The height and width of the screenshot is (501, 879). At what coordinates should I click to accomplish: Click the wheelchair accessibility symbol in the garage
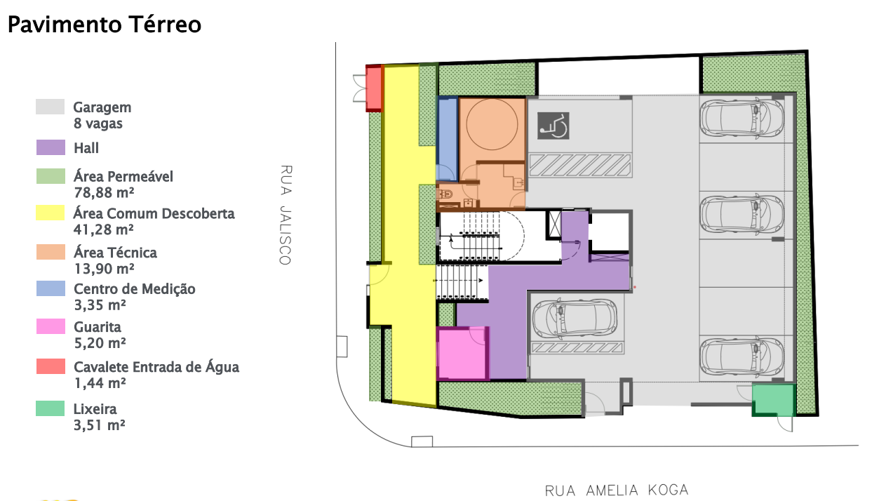553,126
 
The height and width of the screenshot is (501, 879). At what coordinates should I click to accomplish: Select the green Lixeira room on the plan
774,400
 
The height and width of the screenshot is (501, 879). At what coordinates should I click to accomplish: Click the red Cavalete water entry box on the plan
374,88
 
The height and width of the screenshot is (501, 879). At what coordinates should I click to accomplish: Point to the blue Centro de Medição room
448,139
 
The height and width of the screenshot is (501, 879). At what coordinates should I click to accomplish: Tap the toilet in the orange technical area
445,194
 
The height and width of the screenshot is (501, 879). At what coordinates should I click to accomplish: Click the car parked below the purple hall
575,319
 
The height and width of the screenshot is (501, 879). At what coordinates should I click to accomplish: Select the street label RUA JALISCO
286,215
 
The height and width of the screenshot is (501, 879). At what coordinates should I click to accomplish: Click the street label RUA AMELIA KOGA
617,490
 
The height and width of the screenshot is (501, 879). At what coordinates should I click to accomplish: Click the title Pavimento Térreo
105,25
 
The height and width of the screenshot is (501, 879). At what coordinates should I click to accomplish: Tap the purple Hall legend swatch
51,147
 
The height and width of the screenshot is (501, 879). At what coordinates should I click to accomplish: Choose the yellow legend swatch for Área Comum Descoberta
51,213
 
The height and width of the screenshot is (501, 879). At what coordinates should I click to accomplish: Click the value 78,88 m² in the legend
104,193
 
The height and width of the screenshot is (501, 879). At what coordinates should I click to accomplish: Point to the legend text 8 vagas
98,123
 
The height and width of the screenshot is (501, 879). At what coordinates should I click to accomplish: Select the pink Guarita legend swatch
51,326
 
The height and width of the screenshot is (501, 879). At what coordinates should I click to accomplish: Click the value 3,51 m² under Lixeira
100,425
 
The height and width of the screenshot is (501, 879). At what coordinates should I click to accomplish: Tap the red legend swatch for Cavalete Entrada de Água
51,366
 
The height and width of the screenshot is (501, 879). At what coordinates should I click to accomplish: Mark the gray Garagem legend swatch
51,107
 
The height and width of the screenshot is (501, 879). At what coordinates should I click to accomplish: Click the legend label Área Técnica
115,253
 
